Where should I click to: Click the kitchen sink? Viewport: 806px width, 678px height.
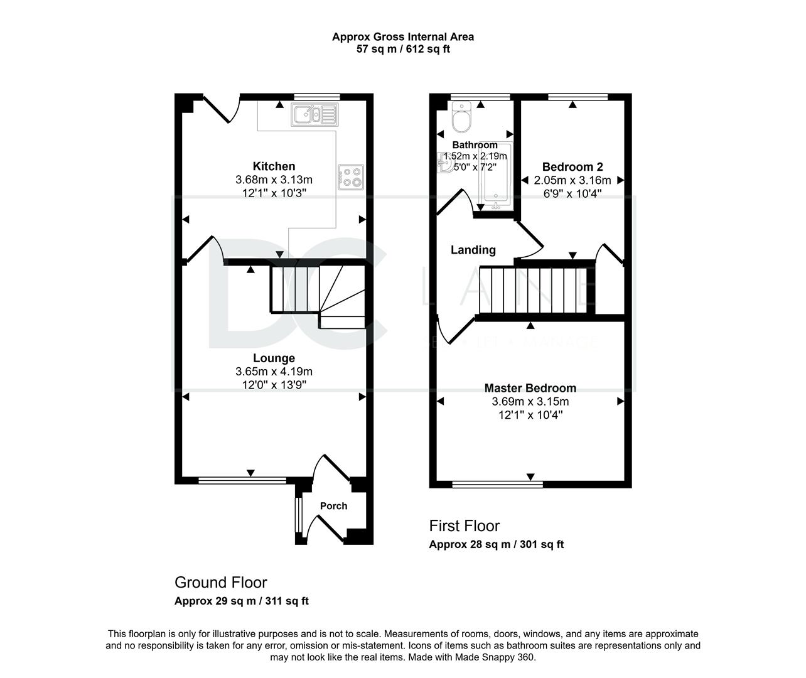[x=315, y=115]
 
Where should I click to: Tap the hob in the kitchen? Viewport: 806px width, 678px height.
[x=351, y=177]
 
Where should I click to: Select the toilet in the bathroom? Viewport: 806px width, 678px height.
[x=461, y=117]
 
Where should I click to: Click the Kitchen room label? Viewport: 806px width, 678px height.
[x=274, y=166]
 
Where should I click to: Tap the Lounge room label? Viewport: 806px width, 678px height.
[x=274, y=358]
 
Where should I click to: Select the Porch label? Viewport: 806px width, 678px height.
[x=333, y=506]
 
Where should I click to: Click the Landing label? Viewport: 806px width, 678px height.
[x=473, y=250]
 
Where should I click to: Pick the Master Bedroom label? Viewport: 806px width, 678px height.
[x=530, y=388]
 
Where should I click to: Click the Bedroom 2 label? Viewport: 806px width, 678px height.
[x=572, y=167]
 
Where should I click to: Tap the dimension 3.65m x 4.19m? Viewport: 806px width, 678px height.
[x=274, y=372]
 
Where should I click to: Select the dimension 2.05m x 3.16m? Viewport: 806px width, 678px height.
[x=572, y=180]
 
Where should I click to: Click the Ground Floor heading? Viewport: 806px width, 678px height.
[x=221, y=583]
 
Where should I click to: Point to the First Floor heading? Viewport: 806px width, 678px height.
[x=465, y=526]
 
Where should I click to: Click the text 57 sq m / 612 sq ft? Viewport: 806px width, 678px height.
[x=403, y=49]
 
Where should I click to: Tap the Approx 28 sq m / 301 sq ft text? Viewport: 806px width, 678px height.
[x=497, y=544]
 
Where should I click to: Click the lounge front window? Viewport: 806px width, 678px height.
[x=242, y=480]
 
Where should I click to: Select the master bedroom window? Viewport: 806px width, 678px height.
[x=498, y=484]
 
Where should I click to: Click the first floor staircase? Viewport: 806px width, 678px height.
[x=533, y=291]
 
